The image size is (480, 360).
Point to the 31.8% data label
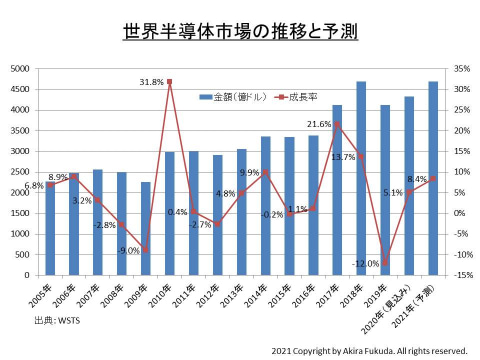(152, 82)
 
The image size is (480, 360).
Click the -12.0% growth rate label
(366, 263)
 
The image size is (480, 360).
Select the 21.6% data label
(319, 124)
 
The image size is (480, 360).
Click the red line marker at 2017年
(337, 124)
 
